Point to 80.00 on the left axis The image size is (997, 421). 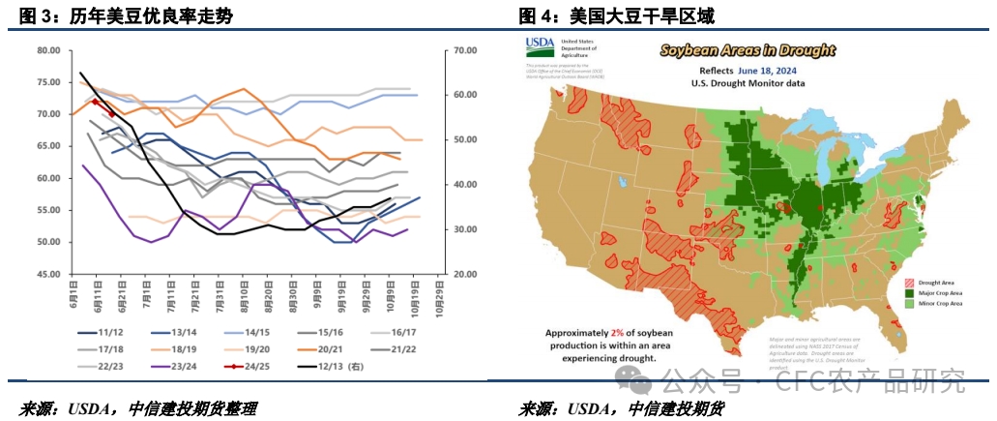(46, 50)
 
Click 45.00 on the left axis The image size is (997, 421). (46, 274)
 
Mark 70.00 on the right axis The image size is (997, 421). (467, 50)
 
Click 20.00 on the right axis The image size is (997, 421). (467, 274)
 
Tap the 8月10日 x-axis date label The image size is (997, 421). (245, 295)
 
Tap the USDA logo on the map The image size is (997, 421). (540, 45)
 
